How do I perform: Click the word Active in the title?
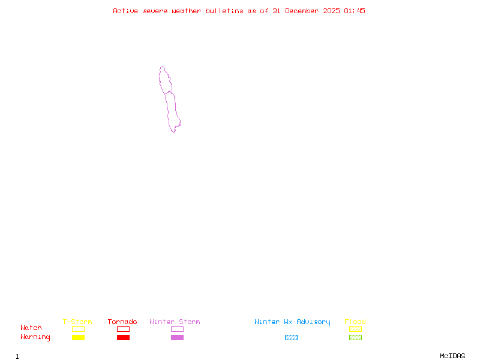pyautogui.click(x=126, y=11)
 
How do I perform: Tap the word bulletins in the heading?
pyautogui.click(x=225, y=11)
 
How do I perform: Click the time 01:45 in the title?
pyautogui.click(x=356, y=11)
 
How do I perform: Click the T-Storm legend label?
pyautogui.click(x=77, y=322)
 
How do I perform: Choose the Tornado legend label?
pyautogui.click(x=122, y=322)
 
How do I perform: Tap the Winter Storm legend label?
pyautogui.click(x=175, y=322)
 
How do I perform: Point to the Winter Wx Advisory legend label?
pyautogui.click(x=292, y=322)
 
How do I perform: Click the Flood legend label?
pyautogui.click(x=355, y=322)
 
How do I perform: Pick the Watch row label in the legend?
pyautogui.click(x=31, y=328)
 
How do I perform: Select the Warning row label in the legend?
pyautogui.click(x=35, y=337)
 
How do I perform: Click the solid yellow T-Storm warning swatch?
pyautogui.click(x=78, y=337)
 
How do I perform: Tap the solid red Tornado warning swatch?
pyautogui.click(x=123, y=337)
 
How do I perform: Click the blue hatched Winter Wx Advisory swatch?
pyautogui.click(x=291, y=337)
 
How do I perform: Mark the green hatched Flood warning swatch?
pyautogui.click(x=355, y=337)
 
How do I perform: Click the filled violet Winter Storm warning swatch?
pyautogui.click(x=177, y=337)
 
